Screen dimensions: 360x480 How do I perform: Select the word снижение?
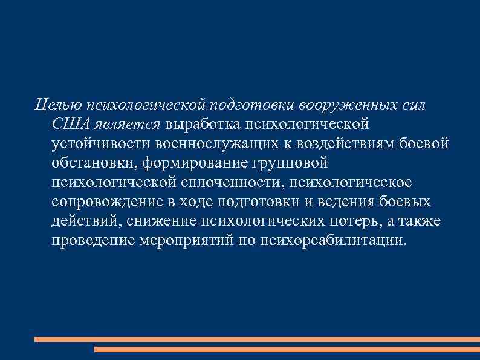159,221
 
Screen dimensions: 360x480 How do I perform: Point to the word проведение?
94,241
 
